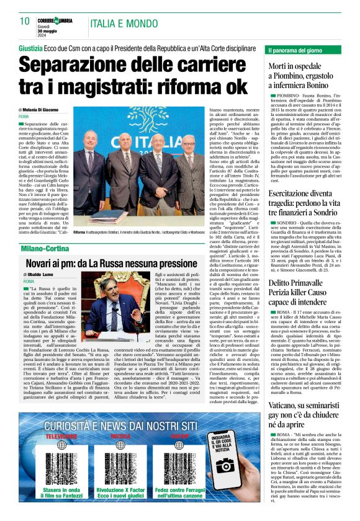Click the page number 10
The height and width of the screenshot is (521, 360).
(x=25, y=21)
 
